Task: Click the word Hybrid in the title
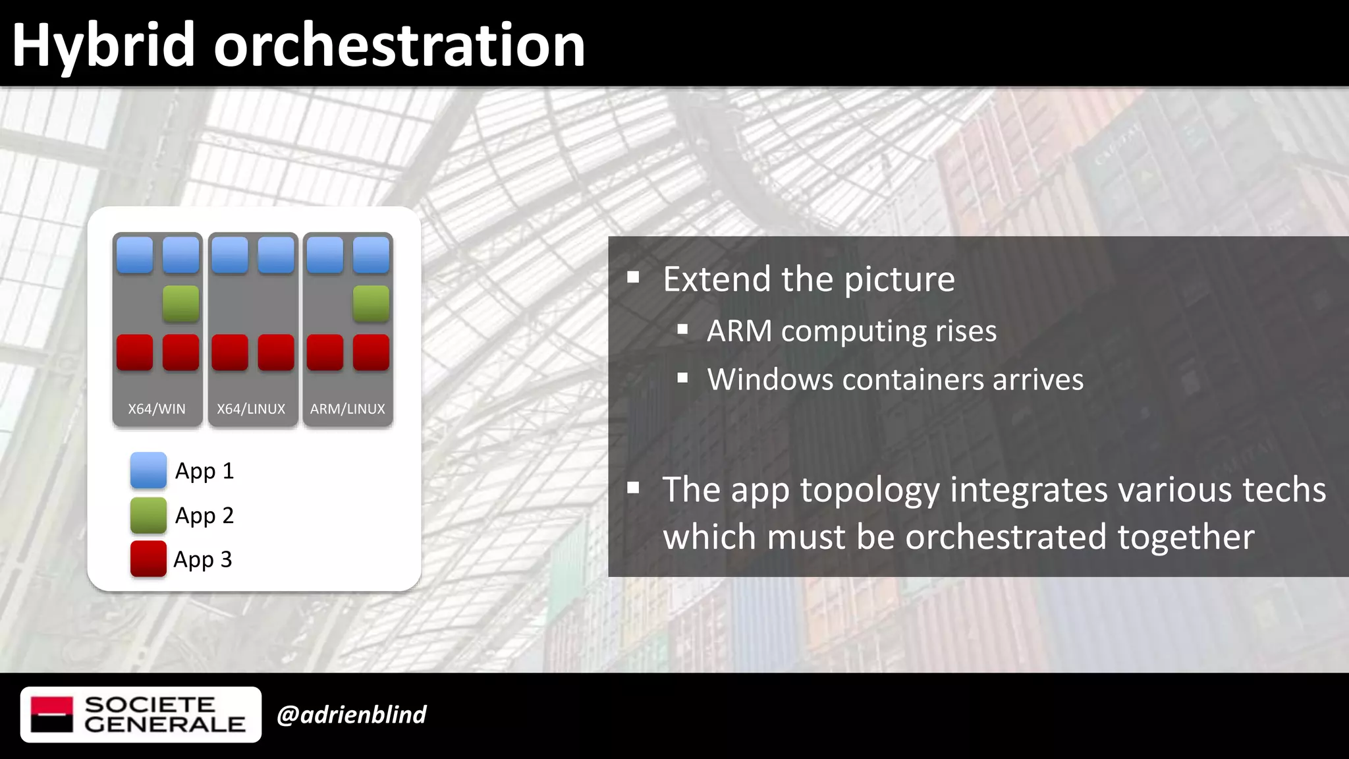pyautogui.click(x=103, y=46)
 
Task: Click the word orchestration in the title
pyautogui.click(x=399, y=46)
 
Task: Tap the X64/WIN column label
pyautogui.click(x=157, y=409)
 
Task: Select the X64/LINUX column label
pyautogui.click(x=251, y=409)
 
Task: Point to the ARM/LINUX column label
pyautogui.click(x=347, y=409)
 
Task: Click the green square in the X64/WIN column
pyautogui.click(x=180, y=304)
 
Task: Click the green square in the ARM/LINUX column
pyautogui.click(x=371, y=304)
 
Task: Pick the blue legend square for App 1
pyautogui.click(x=148, y=470)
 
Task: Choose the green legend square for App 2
pyautogui.click(x=148, y=515)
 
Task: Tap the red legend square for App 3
pyautogui.click(x=148, y=559)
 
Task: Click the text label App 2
pyautogui.click(x=204, y=515)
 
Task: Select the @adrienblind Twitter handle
pyautogui.click(x=351, y=715)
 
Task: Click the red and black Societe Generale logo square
pyautogui.click(x=51, y=715)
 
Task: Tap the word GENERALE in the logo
pyautogui.click(x=165, y=725)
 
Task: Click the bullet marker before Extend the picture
pyautogui.click(x=633, y=277)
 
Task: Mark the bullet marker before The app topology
pyautogui.click(x=633, y=488)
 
